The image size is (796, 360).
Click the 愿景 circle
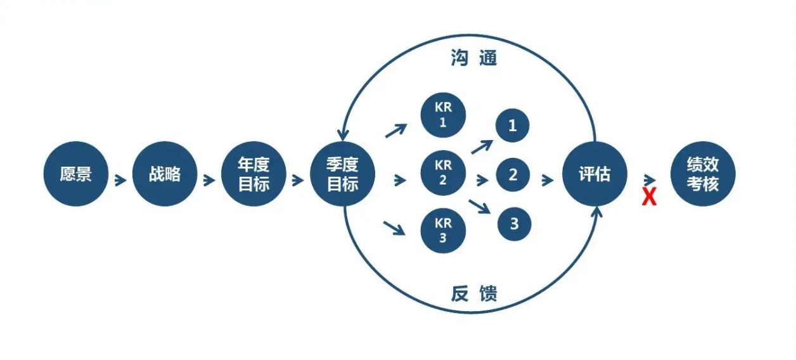click(75, 174)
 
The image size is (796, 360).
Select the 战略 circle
click(165, 174)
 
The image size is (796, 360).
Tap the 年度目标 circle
click(254, 174)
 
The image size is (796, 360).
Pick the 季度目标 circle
click(342, 174)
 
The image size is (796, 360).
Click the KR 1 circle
click(443, 115)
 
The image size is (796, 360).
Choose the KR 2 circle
click(443, 173)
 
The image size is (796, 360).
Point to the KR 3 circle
click(443, 231)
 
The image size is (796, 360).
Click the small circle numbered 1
click(513, 125)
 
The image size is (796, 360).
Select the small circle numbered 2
click(513, 175)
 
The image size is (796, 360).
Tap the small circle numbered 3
click(514, 224)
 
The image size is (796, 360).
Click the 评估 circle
click(594, 174)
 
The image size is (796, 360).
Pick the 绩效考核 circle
click(703, 174)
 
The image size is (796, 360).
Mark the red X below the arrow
click(649, 196)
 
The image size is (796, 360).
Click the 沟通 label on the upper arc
click(474, 58)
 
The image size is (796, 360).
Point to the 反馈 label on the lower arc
click(474, 293)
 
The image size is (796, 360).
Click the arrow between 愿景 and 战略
click(120, 180)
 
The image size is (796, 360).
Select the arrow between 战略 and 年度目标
click(209, 180)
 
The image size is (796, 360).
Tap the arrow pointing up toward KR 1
click(396, 131)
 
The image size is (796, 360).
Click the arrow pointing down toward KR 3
click(394, 228)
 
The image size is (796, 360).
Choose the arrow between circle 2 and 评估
click(548, 180)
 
